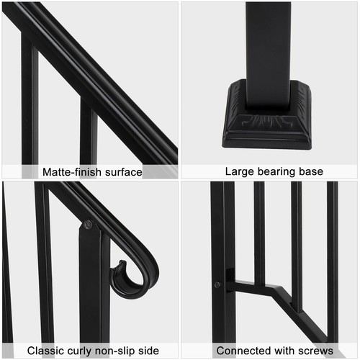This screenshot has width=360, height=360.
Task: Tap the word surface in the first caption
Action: (121, 172)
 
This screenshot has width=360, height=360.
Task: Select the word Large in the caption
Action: (240, 172)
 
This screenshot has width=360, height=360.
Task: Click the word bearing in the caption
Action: (277, 172)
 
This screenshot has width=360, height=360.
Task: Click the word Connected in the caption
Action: (241, 351)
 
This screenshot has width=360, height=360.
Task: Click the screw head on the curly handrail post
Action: (88, 225)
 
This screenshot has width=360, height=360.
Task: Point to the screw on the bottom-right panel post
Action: (217, 285)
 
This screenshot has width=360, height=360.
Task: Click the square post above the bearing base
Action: (268, 43)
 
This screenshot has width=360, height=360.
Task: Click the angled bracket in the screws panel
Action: (277, 292)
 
